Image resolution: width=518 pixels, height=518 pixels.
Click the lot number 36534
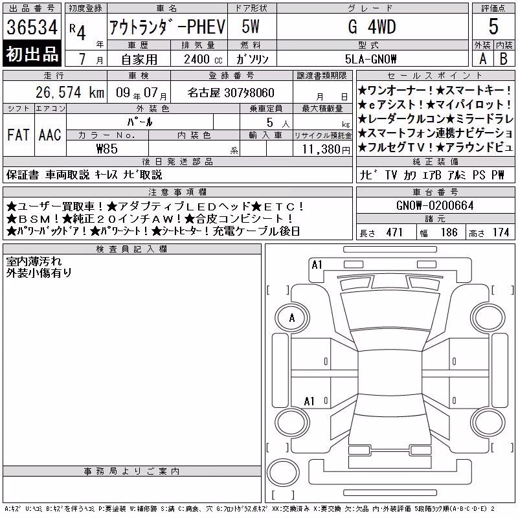tap(32, 27)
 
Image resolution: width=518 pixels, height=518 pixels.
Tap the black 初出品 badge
tap(32, 54)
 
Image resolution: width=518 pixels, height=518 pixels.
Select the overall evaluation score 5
tap(493, 27)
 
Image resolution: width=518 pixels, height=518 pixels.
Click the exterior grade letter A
tap(482, 59)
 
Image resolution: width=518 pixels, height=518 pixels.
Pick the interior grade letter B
tap(504, 59)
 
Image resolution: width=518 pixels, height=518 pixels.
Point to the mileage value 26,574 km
tap(70, 93)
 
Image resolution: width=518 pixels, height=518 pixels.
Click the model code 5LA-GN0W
tap(370, 59)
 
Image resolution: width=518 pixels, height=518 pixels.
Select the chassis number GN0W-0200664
tap(434, 205)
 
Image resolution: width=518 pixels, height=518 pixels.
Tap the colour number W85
tap(107, 149)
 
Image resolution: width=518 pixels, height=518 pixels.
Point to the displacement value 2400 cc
tap(203, 59)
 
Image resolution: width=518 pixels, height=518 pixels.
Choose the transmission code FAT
tap(19, 135)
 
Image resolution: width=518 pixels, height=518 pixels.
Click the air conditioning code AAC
tap(50, 135)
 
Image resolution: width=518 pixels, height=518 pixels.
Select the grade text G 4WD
tap(372, 27)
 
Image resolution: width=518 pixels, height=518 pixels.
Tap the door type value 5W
tap(251, 27)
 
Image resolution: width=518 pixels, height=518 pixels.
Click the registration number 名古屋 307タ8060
tap(231, 93)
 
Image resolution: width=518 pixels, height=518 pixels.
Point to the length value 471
tap(394, 232)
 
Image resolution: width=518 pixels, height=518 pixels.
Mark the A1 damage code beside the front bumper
tap(317, 265)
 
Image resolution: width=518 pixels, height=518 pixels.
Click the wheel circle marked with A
tap(292, 319)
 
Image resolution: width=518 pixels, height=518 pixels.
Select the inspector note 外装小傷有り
tap(39, 273)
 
